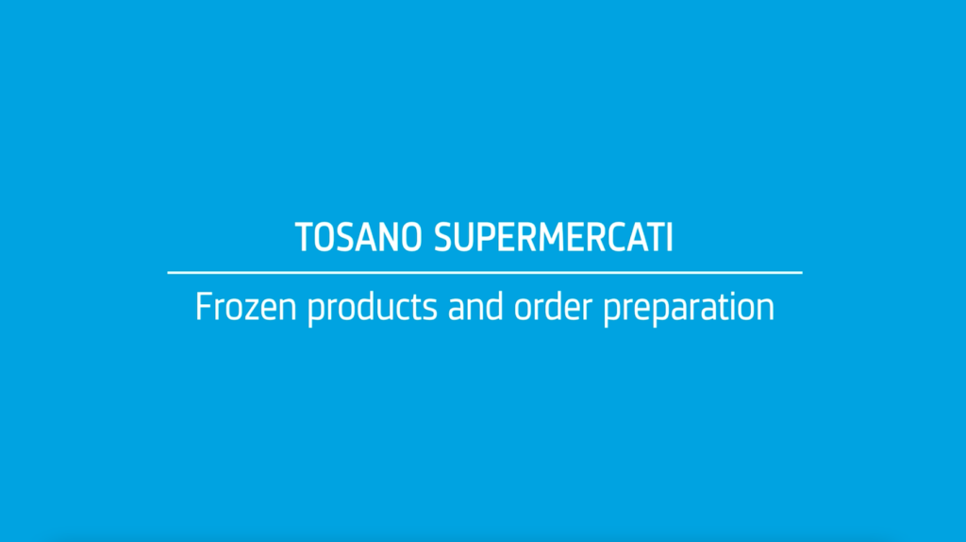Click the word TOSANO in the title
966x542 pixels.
tap(358, 237)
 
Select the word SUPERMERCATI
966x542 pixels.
tap(553, 237)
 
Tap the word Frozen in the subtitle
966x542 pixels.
tap(246, 307)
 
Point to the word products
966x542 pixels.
tap(372, 309)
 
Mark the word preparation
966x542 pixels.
tap(689, 309)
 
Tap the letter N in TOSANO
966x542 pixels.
tap(386, 237)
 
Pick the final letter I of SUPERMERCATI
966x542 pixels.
tap(670, 237)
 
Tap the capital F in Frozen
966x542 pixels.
tap(204, 307)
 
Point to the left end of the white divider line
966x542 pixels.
tap(168, 272)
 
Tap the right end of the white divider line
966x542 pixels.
tap(802, 272)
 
